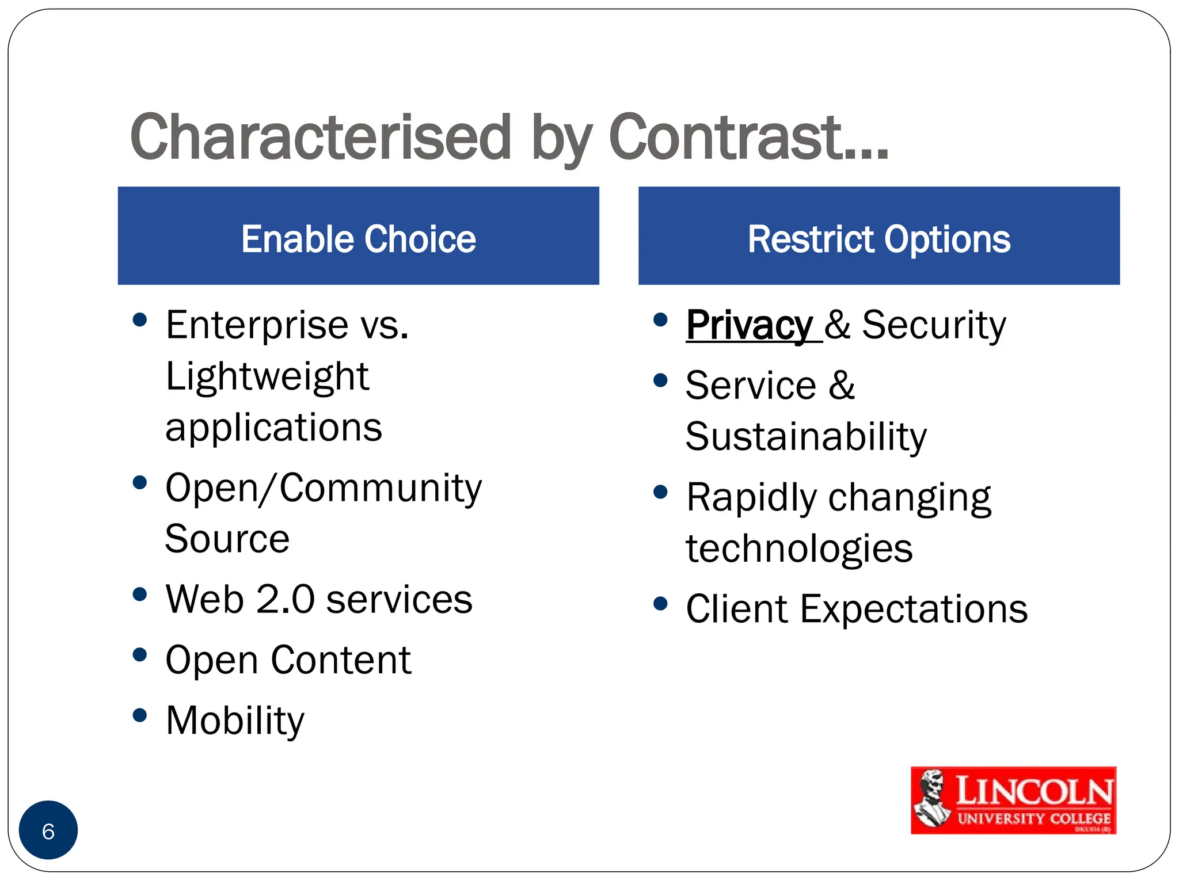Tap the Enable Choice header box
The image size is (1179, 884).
358,236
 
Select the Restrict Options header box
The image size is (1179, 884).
878,236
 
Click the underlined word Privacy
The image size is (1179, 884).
749,326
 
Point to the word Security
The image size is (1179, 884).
933,326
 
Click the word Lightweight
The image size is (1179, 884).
267,378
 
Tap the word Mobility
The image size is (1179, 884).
234,721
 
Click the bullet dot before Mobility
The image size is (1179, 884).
139,715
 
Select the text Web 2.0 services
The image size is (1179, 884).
318,600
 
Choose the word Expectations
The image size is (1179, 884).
914,609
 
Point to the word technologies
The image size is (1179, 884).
799,549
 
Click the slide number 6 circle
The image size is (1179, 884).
48,830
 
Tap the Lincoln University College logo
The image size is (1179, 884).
1013,800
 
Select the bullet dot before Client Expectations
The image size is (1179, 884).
660,604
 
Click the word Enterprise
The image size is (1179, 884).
257,326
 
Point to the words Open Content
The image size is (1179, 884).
288,660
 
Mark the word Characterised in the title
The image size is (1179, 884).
320,138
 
